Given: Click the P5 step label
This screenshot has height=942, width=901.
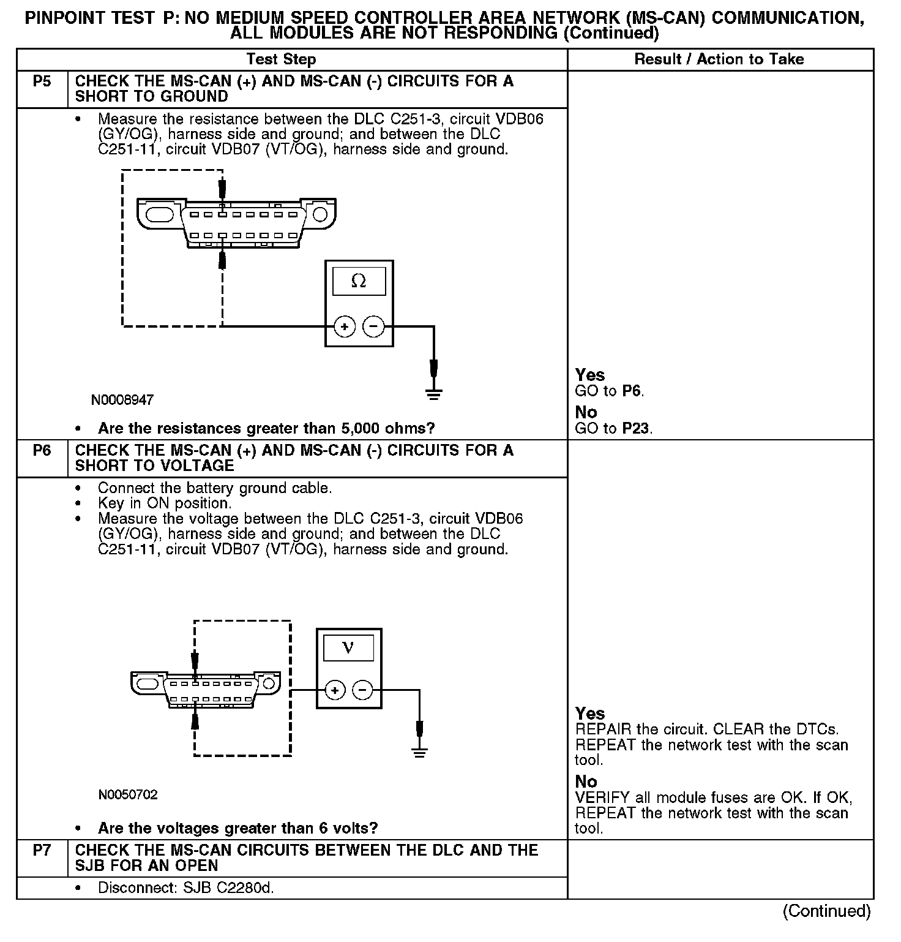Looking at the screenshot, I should pyautogui.click(x=42, y=81).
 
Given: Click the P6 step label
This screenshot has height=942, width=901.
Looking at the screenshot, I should pyautogui.click(x=42, y=451).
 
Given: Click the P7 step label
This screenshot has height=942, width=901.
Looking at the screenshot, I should pyautogui.click(x=42, y=851).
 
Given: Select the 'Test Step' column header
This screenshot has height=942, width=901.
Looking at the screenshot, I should pyautogui.click(x=281, y=59).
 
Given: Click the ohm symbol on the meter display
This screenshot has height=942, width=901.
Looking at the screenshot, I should pyautogui.click(x=359, y=282).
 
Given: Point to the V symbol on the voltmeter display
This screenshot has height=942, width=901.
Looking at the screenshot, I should pyautogui.click(x=348, y=648).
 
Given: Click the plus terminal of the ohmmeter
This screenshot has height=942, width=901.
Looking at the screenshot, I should pyautogui.click(x=345, y=326).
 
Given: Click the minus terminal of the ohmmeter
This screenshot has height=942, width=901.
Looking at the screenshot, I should pyautogui.click(x=373, y=326).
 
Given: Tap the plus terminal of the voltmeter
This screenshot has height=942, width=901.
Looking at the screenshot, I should pyautogui.click(x=334, y=691).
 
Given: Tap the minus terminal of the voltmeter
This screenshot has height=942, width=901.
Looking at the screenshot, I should pyautogui.click(x=363, y=691).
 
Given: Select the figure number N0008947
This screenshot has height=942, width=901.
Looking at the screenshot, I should pyautogui.click(x=122, y=400).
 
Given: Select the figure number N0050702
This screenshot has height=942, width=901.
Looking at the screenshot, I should pyautogui.click(x=128, y=795).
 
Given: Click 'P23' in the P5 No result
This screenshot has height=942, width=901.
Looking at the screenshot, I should pyautogui.click(x=636, y=429).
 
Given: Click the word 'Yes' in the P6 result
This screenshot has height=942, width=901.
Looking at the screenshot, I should pyautogui.click(x=590, y=714).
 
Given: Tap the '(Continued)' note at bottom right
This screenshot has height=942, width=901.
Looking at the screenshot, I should pyautogui.click(x=826, y=911).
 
